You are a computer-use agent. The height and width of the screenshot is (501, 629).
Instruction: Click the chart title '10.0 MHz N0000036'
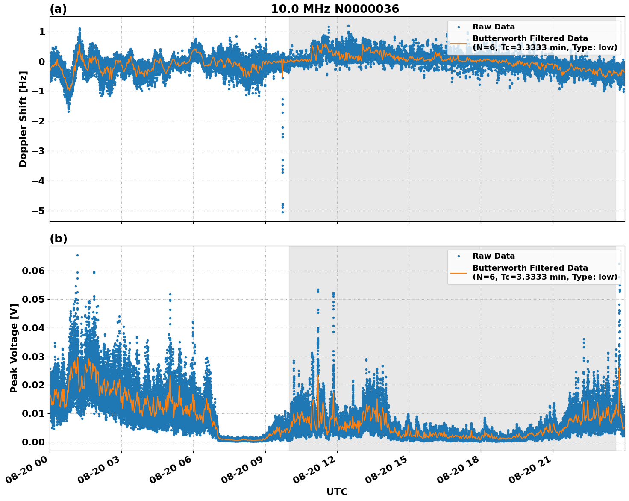click(x=335, y=9)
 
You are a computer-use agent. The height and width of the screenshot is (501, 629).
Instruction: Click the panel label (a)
click(x=58, y=9)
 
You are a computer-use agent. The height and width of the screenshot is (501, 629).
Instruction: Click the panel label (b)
click(x=58, y=239)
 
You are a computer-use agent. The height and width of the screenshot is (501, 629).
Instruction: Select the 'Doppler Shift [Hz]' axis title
click(x=23, y=119)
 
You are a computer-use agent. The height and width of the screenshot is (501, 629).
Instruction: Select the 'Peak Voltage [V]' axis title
click(x=14, y=348)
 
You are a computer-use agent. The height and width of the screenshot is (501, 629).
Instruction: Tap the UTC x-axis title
click(x=337, y=492)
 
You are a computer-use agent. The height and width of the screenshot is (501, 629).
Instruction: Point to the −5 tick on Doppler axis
click(x=39, y=211)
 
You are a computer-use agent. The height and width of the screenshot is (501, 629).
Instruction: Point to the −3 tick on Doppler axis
click(x=39, y=151)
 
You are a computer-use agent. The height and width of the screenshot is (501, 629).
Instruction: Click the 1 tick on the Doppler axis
click(x=42, y=32)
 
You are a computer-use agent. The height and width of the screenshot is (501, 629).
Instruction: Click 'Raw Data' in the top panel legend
click(x=494, y=27)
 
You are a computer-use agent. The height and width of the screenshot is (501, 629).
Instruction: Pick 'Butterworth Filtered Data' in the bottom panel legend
click(x=530, y=268)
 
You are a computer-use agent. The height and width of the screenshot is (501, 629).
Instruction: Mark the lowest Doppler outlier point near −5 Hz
click(x=282, y=212)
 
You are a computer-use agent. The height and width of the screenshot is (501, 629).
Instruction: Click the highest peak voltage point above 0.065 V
click(x=77, y=255)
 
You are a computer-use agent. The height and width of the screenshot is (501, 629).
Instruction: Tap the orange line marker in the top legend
click(x=458, y=43)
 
